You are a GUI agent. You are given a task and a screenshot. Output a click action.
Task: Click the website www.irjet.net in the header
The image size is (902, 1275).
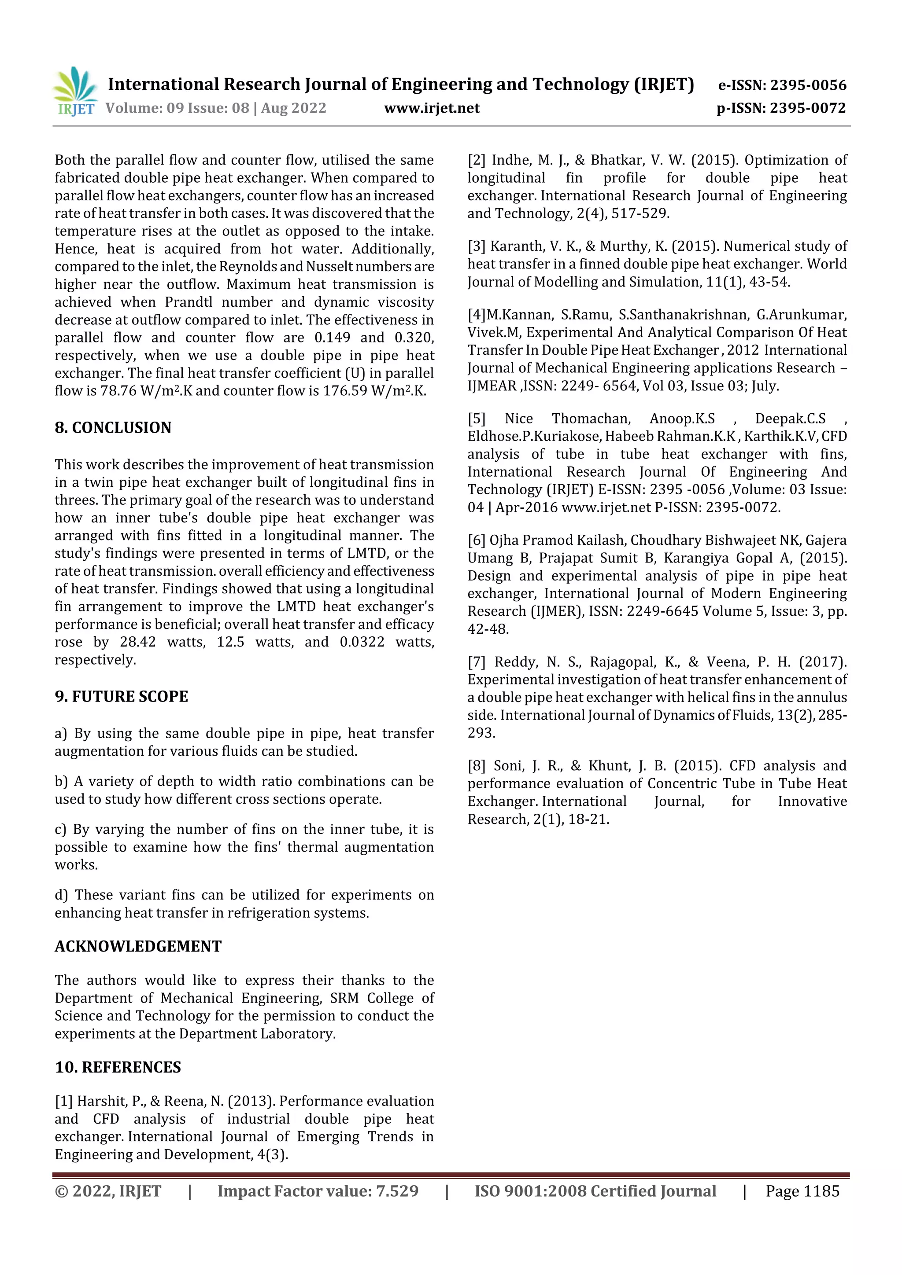pos(431,108)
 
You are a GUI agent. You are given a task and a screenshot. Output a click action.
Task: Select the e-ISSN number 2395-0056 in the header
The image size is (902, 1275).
pos(808,85)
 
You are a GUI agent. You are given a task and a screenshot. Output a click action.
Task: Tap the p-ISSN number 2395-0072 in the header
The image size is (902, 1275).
pos(807,108)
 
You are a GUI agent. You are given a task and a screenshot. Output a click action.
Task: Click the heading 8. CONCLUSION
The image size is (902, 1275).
pos(113,428)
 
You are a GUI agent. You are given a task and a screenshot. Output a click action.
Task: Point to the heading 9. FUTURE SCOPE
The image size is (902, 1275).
pos(121,696)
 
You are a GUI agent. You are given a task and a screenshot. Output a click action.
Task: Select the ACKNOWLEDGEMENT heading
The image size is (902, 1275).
pos(138,946)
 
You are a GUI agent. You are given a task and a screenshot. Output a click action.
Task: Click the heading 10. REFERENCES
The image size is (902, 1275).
pos(118,1067)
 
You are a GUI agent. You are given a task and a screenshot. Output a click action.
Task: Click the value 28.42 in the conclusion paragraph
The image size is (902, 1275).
pos(138,642)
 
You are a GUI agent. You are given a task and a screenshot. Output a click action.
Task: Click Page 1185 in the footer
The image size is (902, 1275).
pos(802,1191)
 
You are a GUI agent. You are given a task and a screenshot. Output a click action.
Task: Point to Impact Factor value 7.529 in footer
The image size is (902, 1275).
pos(318,1191)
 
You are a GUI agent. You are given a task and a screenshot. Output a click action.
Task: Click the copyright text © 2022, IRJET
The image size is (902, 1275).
pos(108,1191)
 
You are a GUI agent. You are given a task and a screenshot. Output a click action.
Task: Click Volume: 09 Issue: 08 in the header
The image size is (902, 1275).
pos(177,108)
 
